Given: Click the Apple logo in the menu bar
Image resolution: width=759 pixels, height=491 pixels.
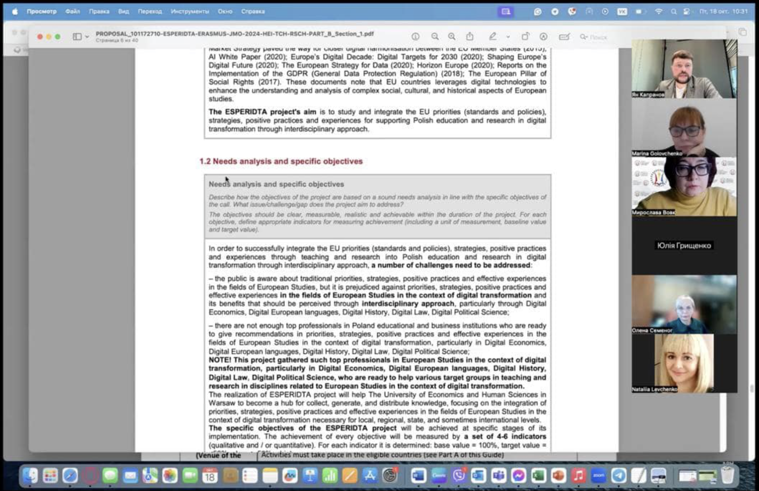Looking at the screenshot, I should (x=15, y=12).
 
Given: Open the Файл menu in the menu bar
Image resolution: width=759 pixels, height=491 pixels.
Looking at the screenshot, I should (x=72, y=12).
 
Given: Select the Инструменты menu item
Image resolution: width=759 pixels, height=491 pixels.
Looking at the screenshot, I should (x=190, y=12).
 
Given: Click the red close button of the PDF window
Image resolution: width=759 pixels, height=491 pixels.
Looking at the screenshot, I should (x=40, y=37).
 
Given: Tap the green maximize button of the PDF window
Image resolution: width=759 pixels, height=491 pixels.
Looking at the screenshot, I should (x=58, y=37).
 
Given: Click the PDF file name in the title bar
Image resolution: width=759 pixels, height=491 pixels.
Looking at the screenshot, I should (x=235, y=34).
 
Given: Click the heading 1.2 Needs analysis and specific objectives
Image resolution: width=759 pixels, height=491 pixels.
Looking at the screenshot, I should (x=281, y=161).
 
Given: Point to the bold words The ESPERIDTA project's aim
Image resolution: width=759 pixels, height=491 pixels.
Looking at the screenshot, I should (x=262, y=112).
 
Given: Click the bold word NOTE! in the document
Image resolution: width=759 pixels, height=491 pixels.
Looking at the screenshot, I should (x=219, y=360).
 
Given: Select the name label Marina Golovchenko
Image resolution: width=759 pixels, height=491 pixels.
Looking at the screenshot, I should (x=657, y=154).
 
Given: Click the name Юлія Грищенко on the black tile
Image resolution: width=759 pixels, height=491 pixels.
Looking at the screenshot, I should (x=684, y=245).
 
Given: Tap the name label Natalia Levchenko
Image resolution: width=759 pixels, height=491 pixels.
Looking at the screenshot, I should (x=654, y=389).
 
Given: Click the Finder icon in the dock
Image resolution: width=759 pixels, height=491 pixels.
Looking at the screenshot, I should (x=30, y=476).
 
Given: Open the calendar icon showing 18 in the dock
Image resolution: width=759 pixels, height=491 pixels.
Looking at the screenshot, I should (x=210, y=476).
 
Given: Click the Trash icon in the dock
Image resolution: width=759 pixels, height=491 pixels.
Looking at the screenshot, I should (x=727, y=476).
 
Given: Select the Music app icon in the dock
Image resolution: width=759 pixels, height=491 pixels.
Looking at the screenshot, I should (x=578, y=476).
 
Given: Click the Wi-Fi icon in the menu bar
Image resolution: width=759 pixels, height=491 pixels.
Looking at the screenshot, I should (x=659, y=12).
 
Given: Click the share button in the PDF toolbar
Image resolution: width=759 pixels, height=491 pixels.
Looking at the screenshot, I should (x=470, y=37).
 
